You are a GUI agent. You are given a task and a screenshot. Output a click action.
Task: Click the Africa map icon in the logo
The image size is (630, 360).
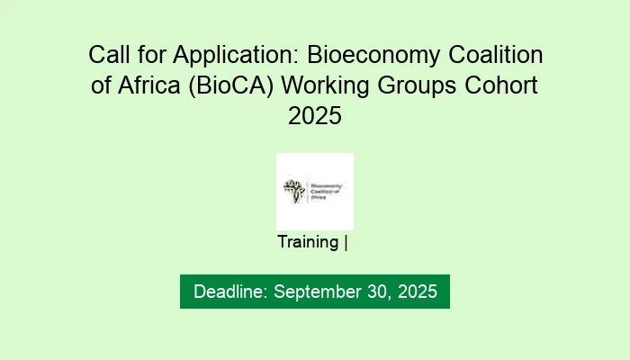[293, 190]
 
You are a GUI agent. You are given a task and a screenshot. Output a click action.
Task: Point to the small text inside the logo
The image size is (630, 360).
[328, 190]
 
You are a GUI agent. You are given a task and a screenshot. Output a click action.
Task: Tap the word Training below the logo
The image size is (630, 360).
[308, 242]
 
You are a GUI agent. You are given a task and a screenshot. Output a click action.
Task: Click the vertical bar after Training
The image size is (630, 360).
[346, 242]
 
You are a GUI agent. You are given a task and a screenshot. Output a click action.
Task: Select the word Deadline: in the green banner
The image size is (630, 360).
[230, 292]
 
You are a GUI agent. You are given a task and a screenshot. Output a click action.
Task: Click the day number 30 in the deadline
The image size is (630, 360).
[372, 292]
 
